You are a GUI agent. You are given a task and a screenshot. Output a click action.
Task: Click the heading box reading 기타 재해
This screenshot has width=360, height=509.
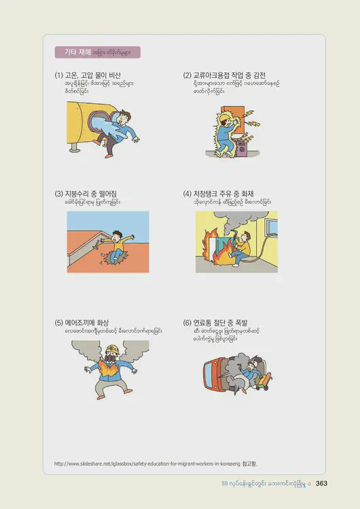[x=97, y=52]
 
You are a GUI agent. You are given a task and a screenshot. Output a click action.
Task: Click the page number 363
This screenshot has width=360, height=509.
[x=322, y=483]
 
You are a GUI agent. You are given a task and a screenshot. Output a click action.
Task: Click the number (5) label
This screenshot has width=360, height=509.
[x=58, y=322]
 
